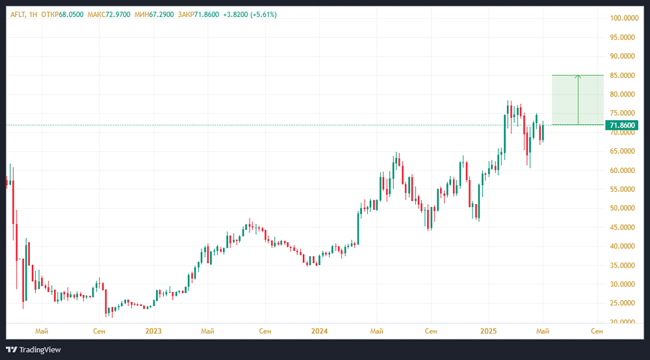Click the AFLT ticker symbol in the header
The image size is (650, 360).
18,14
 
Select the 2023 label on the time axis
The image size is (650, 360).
153,331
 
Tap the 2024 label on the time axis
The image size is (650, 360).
320,331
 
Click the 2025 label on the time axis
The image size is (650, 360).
487,331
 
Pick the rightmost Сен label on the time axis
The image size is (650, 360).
597,331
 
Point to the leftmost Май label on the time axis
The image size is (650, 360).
42,331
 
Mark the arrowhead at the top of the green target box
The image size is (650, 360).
578,77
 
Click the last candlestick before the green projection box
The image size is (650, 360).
542,132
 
